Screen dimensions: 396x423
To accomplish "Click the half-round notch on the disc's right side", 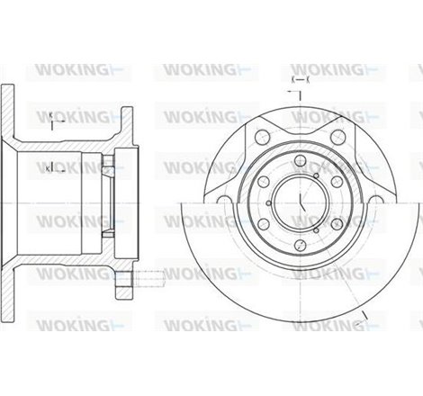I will (385, 203).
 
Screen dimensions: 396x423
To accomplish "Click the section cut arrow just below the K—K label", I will (300, 93).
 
